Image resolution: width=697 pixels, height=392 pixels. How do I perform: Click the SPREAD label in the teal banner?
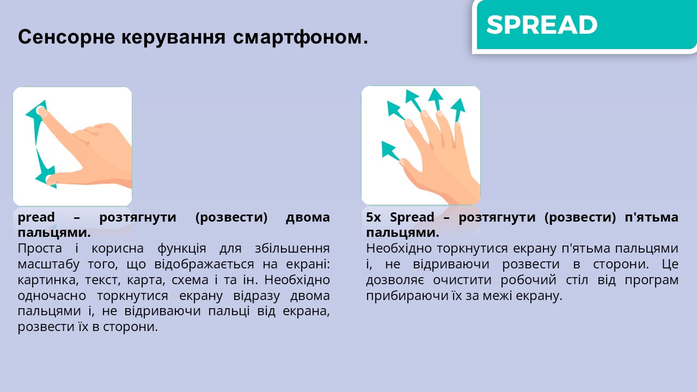[x=542, y=25]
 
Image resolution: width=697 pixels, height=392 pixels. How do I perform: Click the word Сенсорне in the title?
[x=66, y=36]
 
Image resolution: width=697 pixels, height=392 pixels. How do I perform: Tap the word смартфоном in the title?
[x=300, y=38]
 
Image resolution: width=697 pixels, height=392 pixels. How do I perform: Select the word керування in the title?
[x=173, y=38]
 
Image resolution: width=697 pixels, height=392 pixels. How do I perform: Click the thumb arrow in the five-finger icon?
[x=390, y=151]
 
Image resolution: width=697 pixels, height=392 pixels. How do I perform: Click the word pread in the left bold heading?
[x=36, y=217]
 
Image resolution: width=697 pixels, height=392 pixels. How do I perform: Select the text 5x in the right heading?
[x=374, y=217]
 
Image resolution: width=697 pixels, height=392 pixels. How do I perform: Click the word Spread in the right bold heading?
[x=412, y=217]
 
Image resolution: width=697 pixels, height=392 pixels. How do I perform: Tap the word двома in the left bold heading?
[x=308, y=217]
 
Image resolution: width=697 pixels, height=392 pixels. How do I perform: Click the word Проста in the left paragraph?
[x=40, y=249]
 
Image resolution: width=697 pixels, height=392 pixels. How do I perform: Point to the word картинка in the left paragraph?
[x=47, y=280]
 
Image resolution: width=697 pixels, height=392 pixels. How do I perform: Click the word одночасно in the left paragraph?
[x=52, y=296]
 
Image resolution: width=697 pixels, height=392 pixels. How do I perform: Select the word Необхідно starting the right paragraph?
[x=400, y=249]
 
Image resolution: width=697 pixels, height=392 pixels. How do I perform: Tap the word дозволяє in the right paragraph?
[x=395, y=280]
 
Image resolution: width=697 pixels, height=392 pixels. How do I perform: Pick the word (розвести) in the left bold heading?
[x=231, y=217]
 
